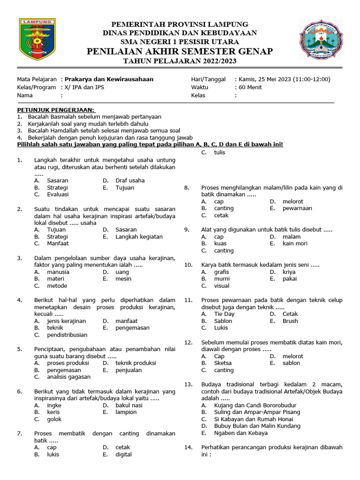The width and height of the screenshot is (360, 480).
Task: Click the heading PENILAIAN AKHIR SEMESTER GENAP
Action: coord(180,51)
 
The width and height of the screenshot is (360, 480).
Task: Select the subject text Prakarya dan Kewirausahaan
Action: coord(109,79)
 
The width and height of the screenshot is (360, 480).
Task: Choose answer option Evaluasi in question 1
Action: coord(58,194)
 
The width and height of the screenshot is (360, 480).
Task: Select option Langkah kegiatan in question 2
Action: coord(139,237)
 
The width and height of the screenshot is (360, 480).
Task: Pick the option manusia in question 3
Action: coord(58,271)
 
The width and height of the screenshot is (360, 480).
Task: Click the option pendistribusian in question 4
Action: coord(67,335)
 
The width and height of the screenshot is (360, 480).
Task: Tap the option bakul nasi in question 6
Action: coord(129,405)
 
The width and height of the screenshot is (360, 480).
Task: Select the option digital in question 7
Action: coord(124,454)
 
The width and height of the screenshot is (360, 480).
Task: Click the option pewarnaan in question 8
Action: coord(297,208)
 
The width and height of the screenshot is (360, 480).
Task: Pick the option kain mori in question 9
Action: coord(295,243)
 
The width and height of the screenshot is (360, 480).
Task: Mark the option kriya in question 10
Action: coord(289,271)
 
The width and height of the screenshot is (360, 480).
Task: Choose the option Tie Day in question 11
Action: coord(224,314)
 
